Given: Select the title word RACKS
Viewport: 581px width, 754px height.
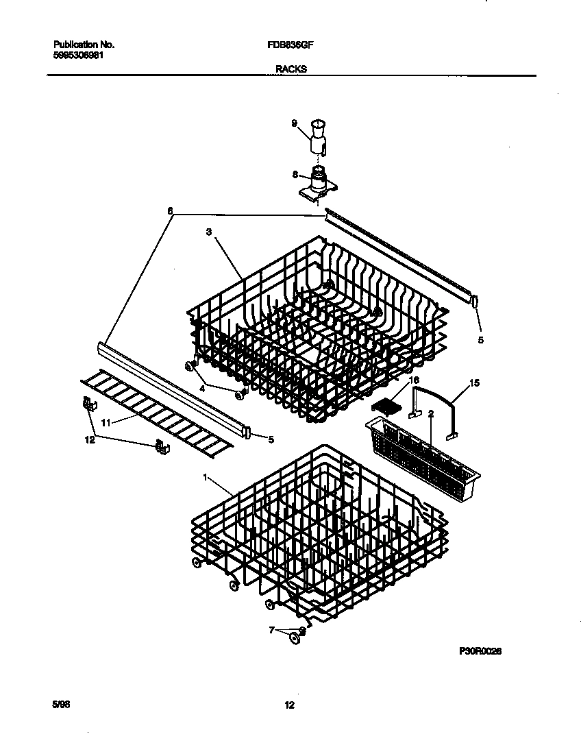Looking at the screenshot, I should [290, 69].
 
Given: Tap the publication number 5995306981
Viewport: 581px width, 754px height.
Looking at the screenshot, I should [79, 55].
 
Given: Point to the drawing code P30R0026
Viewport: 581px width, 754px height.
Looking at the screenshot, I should [480, 652].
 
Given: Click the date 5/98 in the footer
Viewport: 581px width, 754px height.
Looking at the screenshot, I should [61, 705].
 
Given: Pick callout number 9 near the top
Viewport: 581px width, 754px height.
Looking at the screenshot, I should [294, 123].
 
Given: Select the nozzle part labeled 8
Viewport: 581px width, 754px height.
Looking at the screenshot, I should [318, 182].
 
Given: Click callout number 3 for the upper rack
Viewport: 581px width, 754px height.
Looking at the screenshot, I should [208, 232].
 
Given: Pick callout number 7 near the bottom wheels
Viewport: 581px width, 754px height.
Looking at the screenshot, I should [272, 629].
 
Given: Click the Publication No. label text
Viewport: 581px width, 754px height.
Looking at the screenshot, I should [84, 45].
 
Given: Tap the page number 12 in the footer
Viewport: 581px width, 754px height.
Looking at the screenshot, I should [290, 705].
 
